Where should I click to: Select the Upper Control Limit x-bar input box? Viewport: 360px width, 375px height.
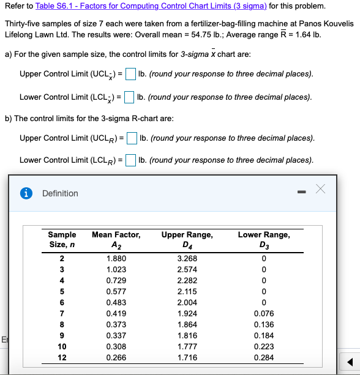pyautogui.click(x=130, y=74)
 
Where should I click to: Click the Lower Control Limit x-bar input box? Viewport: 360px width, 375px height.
pyautogui.click(x=129, y=97)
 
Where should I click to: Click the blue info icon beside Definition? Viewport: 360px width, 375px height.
pyautogui.click(x=27, y=193)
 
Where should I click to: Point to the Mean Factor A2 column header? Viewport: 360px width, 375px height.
pyautogui.click(x=116, y=239)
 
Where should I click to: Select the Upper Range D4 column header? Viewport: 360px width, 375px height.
pyautogui.click(x=187, y=239)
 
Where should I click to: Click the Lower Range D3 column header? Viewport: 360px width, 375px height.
pyautogui.click(x=264, y=239)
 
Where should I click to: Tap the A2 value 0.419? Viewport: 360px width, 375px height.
pyautogui.click(x=116, y=313)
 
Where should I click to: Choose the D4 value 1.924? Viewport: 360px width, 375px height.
pyautogui.click(x=187, y=313)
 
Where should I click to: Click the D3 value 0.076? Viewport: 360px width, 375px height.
pyautogui.click(x=264, y=313)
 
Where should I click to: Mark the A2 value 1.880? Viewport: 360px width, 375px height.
pyautogui.click(x=116, y=258)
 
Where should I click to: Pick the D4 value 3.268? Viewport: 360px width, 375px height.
pyautogui.click(x=187, y=258)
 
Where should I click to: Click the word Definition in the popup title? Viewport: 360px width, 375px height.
pyautogui.click(x=60, y=193)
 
